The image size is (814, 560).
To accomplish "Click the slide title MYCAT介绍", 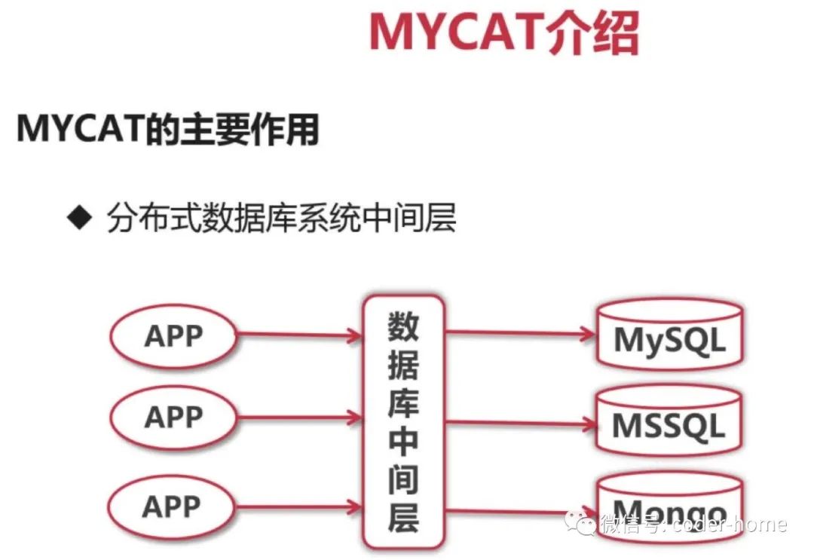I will [x=503, y=32].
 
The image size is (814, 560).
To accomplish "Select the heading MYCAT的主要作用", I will [x=167, y=130].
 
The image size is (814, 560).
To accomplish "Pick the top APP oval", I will [x=171, y=336].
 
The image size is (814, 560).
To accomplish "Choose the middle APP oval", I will [x=171, y=417].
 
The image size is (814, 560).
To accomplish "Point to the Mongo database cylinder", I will [x=669, y=505].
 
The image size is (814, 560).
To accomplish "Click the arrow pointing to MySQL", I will [x=520, y=332].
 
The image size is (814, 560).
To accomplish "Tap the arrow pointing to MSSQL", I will [x=520, y=423].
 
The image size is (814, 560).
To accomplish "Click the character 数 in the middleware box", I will [x=403, y=326].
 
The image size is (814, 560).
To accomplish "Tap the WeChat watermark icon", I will [x=583, y=524].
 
